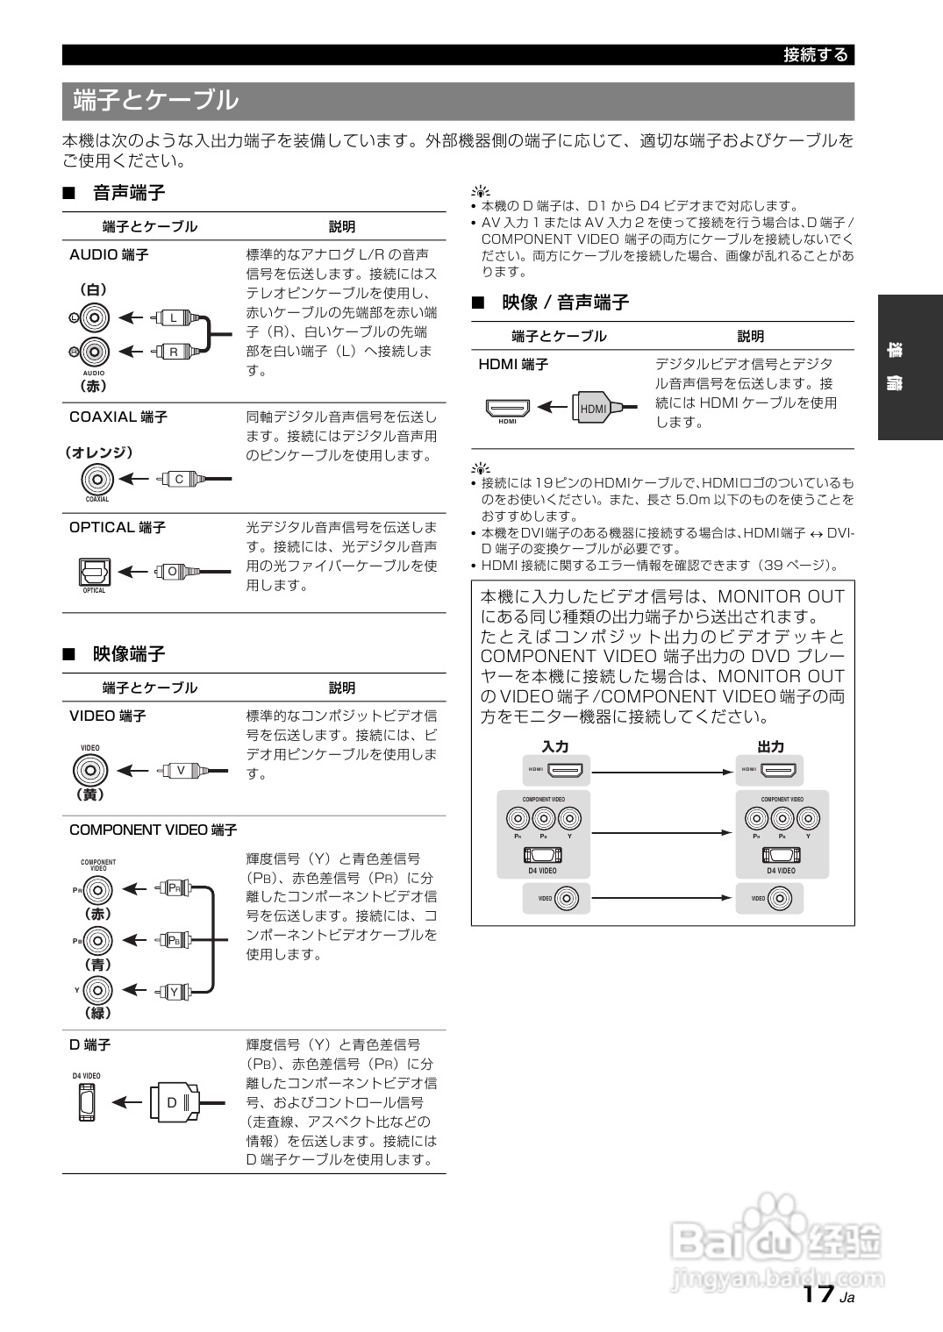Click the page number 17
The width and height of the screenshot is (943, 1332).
818,1294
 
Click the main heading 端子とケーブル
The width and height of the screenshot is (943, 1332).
155,100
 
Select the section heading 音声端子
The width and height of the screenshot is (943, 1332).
129,193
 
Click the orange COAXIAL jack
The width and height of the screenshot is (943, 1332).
97,479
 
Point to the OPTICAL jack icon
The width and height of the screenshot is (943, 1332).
94,572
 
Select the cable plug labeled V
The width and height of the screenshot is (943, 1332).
181,771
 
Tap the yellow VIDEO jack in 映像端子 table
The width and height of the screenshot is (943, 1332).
89,771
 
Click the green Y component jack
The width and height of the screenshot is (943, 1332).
98,990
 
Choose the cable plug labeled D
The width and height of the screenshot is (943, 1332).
174,1102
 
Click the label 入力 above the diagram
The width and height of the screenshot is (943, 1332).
554,746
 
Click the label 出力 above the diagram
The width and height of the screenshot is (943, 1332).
770,746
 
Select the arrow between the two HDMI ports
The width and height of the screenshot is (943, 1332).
662,772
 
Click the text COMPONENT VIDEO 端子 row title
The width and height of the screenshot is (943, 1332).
153,830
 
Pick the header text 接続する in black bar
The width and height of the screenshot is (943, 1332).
816,55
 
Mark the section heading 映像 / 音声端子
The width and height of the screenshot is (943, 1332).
565,303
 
